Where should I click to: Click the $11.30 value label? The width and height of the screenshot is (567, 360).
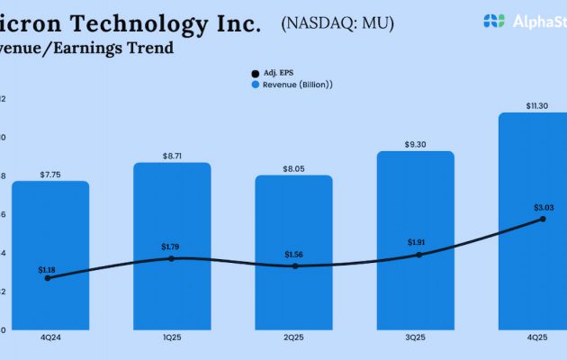tap(536, 106)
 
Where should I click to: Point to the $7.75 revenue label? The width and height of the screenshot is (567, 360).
tap(50, 174)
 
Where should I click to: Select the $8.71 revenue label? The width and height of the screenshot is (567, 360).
tap(172, 156)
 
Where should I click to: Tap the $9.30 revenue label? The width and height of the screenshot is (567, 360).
tap(415, 144)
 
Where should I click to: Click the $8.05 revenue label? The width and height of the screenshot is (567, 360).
tap(293, 168)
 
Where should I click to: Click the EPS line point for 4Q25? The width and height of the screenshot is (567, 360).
tap(542, 219)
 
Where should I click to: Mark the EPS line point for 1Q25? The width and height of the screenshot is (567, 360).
tap(172, 258)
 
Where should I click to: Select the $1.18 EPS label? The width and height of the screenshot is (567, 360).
tap(47, 269)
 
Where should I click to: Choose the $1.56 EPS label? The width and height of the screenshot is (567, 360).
tap(293, 255)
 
